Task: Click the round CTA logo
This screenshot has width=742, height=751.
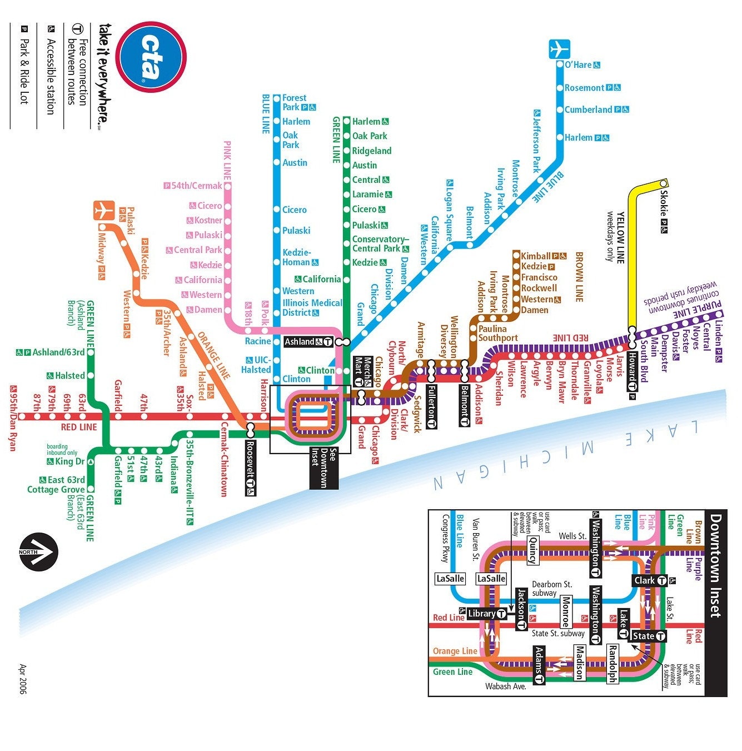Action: click(x=152, y=56)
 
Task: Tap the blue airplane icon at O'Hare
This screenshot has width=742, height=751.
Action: click(x=559, y=49)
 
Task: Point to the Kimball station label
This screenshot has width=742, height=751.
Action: click(x=536, y=256)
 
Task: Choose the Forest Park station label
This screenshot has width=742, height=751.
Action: click(x=295, y=102)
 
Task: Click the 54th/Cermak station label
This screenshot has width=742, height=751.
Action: click(x=196, y=186)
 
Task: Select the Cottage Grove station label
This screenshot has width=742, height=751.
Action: click(x=56, y=490)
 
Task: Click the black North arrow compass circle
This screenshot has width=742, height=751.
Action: click(x=38, y=551)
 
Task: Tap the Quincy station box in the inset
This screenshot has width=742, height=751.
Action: click(x=532, y=550)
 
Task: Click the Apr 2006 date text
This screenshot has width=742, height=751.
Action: click(x=23, y=678)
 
